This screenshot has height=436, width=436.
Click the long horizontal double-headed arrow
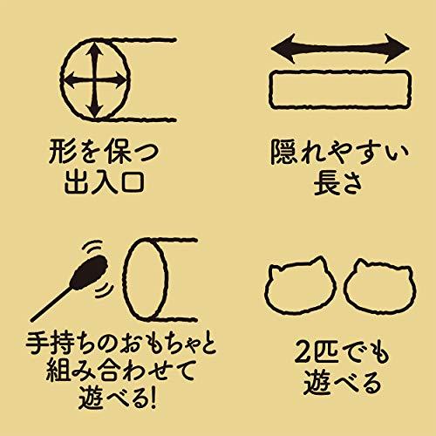340,49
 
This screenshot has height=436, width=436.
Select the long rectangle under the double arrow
340,72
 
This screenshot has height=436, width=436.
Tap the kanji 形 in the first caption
62,152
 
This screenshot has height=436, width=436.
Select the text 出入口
105,182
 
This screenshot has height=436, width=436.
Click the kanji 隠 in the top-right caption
284,152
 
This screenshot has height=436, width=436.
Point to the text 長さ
339,183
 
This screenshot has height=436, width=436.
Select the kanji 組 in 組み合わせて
59,371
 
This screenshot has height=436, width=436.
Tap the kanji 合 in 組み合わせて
114,371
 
